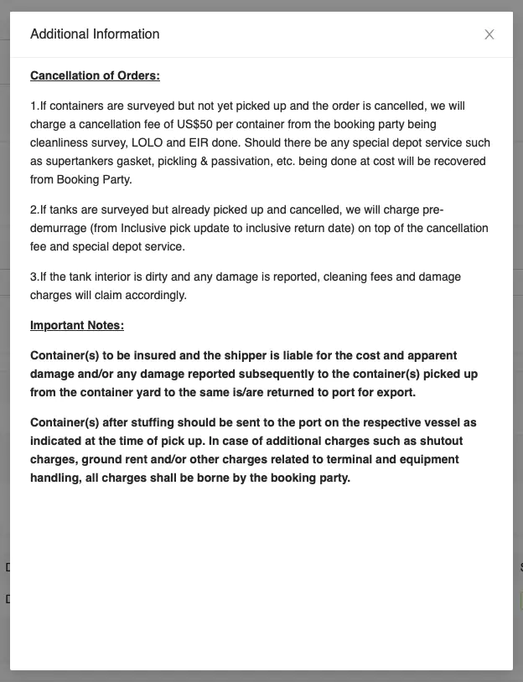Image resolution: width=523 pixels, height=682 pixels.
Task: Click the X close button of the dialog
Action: pyautogui.click(x=489, y=34)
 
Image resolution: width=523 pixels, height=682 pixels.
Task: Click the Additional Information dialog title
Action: pyautogui.click(x=95, y=34)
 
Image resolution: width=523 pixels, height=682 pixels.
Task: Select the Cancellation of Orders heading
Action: pyautogui.click(x=95, y=75)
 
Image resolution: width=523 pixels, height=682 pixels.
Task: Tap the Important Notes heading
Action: pyautogui.click(x=77, y=325)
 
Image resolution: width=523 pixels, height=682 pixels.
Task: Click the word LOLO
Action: pyautogui.click(x=147, y=142)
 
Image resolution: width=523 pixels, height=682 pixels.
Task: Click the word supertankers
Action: pyautogui.click(x=85, y=161)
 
